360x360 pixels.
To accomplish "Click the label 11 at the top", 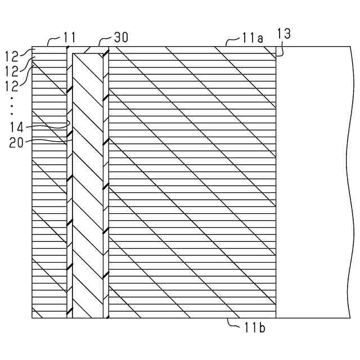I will [x=69, y=38].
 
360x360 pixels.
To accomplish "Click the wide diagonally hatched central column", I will [x=88, y=186].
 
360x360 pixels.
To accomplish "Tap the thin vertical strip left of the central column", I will [x=70, y=186].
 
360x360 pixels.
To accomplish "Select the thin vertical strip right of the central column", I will [x=106, y=186].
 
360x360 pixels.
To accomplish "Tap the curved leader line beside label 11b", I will [x=232, y=322].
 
